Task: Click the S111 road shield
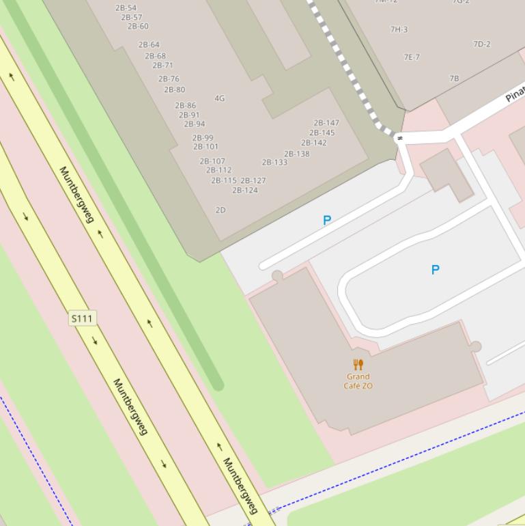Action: pyautogui.click(x=82, y=318)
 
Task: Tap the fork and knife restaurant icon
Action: pyautogui.click(x=358, y=365)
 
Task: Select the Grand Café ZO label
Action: pyautogui.click(x=358, y=381)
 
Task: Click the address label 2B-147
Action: pyautogui.click(x=326, y=123)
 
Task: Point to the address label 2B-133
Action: pyautogui.click(x=274, y=163)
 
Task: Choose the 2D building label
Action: pyautogui.click(x=221, y=210)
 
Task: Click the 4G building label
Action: pyautogui.click(x=219, y=98)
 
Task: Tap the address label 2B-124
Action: pyautogui.click(x=245, y=191)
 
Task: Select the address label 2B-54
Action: pyautogui.click(x=126, y=8)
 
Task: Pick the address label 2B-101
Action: pyautogui.click(x=205, y=147)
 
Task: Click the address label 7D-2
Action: pyautogui.click(x=482, y=44)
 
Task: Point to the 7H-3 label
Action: pyautogui.click(x=399, y=29)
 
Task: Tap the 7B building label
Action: pyautogui.click(x=454, y=79)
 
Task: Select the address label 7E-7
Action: pyautogui.click(x=412, y=57)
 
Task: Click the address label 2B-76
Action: pyautogui.click(x=169, y=79)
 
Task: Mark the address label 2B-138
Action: pyautogui.click(x=297, y=154)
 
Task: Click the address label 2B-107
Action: pyautogui.click(x=212, y=162)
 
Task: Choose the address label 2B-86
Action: pyautogui.click(x=185, y=106)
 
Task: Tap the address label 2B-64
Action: pyautogui.click(x=149, y=45)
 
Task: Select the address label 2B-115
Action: pyautogui.click(x=224, y=181)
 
